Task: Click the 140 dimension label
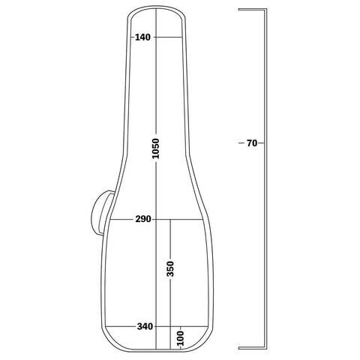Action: pos(143,37)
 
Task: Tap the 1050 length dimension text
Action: pos(156,148)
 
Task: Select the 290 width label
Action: pos(143,219)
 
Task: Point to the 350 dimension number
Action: pos(170,268)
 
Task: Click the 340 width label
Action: pos(145,326)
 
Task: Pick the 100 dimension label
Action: pos(181,338)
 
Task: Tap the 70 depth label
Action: pos(252,143)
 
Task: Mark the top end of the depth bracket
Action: pos(239,10)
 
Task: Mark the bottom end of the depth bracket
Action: pos(239,348)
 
